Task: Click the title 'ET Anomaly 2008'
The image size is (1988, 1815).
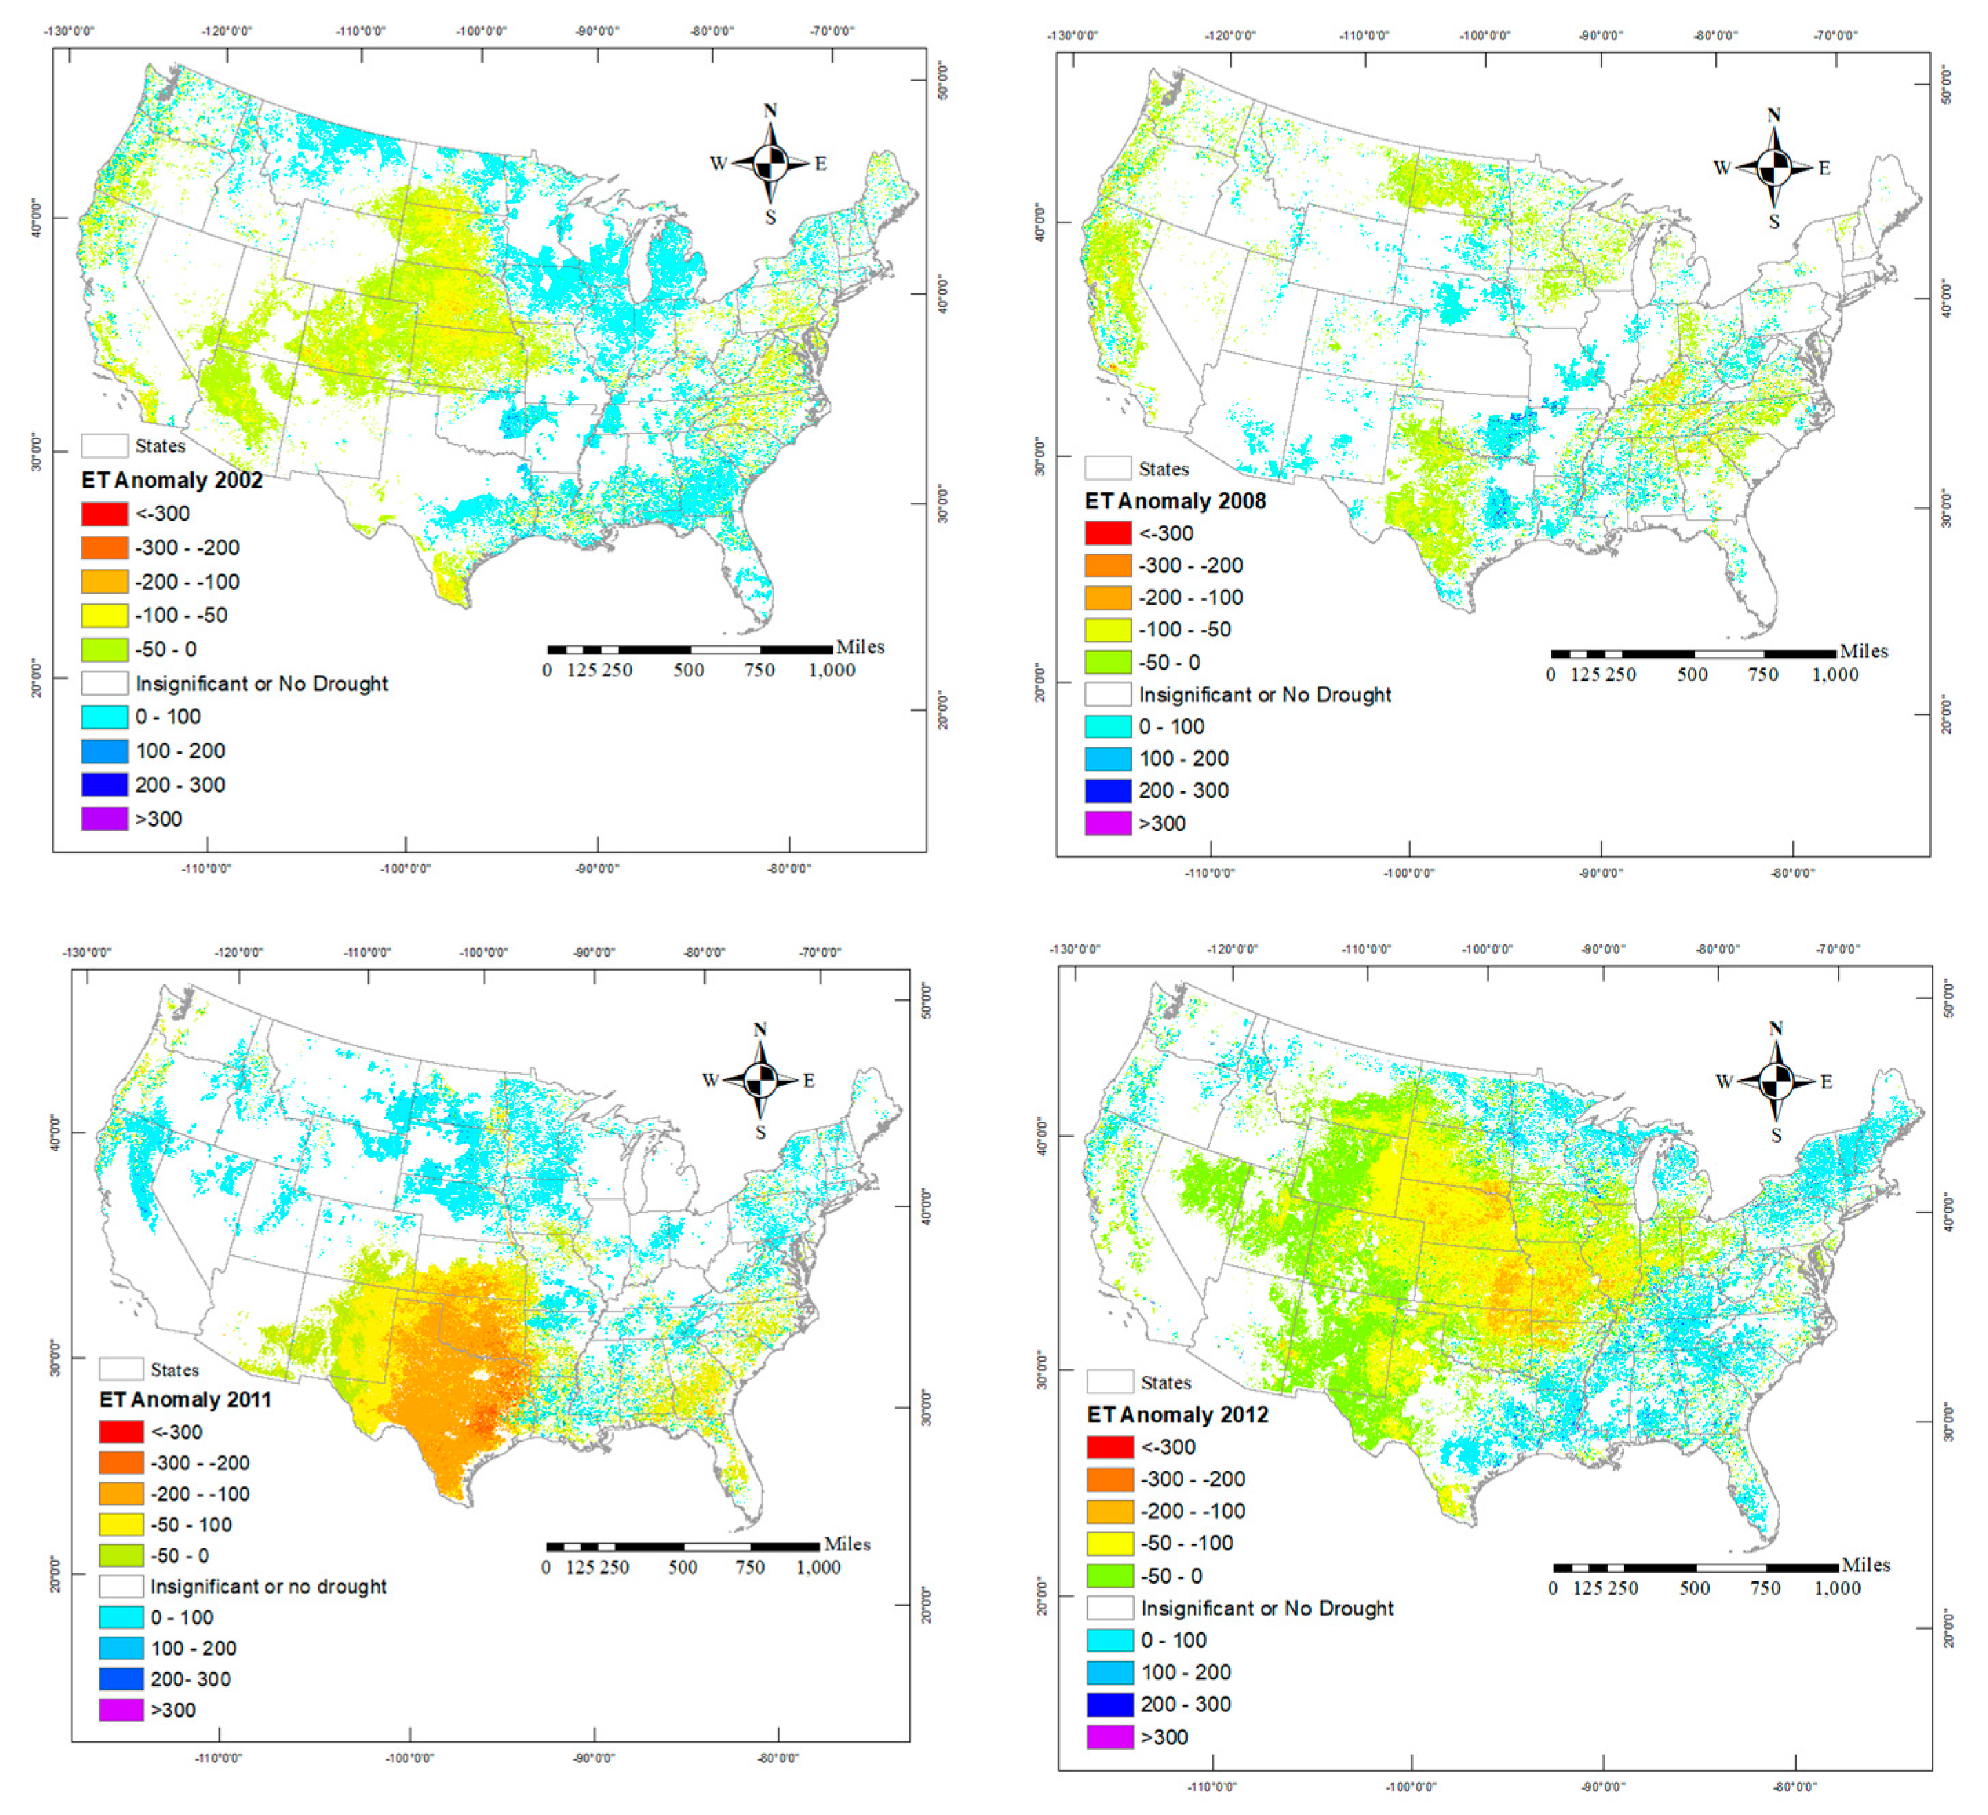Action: [1174, 501]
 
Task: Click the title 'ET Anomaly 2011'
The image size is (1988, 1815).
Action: [185, 1400]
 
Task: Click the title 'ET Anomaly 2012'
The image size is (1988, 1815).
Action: [1177, 1415]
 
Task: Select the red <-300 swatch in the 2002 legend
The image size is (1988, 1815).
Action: [105, 514]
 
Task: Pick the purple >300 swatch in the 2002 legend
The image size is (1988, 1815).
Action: [105, 819]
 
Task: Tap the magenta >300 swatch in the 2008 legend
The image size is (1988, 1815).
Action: [1108, 823]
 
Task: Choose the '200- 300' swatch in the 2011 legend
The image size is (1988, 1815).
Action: [121, 1679]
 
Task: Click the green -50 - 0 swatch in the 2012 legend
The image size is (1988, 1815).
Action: [1110, 1575]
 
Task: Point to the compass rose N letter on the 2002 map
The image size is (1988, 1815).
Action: [770, 110]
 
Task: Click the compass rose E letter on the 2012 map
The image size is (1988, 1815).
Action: [1825, 1081]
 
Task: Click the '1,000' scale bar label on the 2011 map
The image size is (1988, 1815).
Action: [818, 1568]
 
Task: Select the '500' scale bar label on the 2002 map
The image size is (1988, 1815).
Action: [688, 670]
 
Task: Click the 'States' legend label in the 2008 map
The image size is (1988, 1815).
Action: [1163, 469]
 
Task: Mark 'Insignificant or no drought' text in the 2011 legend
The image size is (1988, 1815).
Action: [268, 1586]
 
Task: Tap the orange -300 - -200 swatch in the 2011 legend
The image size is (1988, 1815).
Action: [121, 1462]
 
